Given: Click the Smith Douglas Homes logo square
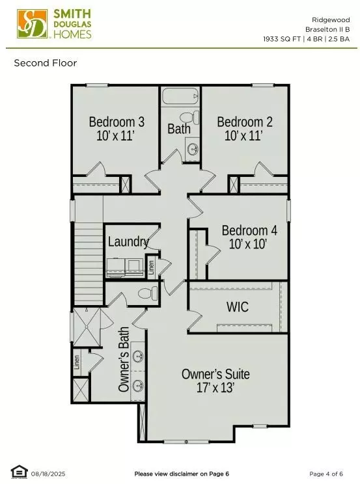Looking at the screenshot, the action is (x=33, y=24).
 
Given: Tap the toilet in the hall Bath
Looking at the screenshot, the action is (x=189, y=117).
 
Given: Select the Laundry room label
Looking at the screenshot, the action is (x=128, y=242).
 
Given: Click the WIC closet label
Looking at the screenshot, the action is (x=238, y=307).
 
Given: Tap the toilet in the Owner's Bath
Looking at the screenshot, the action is (x=147, y=293).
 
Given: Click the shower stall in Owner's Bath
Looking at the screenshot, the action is (x=87, y=327).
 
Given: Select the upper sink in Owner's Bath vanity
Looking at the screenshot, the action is (x=138, y=356).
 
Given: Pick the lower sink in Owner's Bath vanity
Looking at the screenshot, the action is (x=138, y=385).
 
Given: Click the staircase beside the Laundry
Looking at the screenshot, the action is (x=89, y=263).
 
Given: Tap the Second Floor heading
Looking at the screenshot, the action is (x=46, y=63).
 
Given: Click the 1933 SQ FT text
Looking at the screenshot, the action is (x=282, y=39).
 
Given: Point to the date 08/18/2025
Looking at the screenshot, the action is (x=48, y=474).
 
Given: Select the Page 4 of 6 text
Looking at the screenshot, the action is (x=326, y=474).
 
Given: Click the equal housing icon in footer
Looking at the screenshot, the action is (x=19, y=472).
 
